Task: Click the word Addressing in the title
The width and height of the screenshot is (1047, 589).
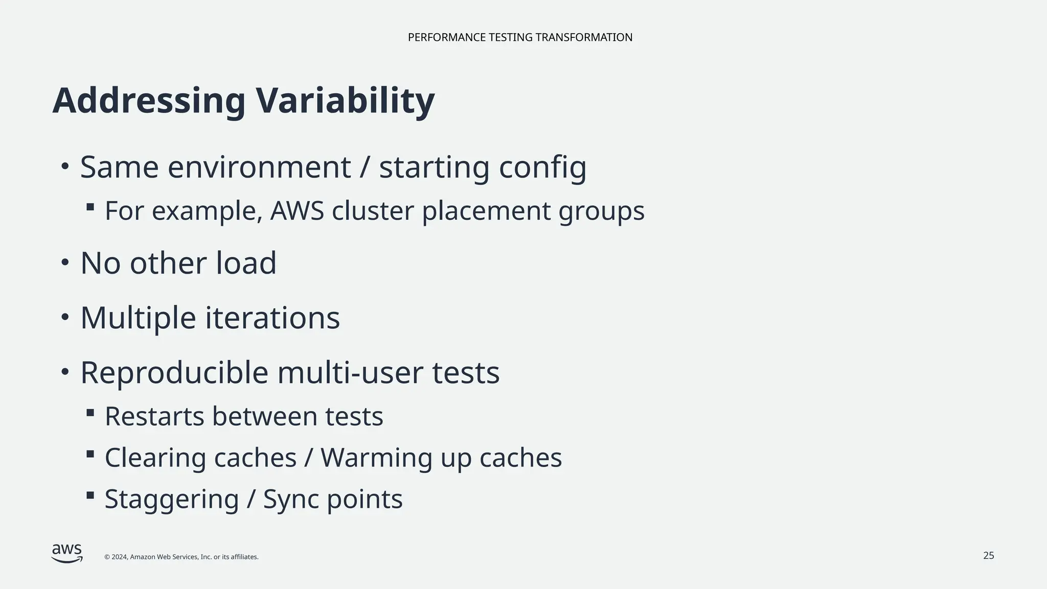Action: coord(149,101)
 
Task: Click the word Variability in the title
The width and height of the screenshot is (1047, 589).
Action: coord(345,101)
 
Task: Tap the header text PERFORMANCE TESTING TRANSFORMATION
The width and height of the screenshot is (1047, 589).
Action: coord(520,37)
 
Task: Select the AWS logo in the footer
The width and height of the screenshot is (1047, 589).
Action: coord(67,553)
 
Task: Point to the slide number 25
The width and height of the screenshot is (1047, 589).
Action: coord(989,556)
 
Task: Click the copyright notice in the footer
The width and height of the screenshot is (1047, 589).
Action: coord(181,557)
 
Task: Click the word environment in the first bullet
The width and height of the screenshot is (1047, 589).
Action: coord(259,167)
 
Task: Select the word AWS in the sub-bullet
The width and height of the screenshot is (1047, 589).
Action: coord(297,211)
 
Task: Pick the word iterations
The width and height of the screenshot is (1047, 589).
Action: coord(272,318)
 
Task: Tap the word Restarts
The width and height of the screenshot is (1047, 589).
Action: coord(154,416)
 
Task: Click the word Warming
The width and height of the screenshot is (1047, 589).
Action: coord(376,458)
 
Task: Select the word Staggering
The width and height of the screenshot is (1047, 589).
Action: coord(172,500)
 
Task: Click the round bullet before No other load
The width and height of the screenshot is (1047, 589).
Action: coord(64,262)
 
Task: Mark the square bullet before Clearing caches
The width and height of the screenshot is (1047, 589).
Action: coord(90,454)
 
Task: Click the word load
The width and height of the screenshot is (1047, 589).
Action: coord(246,263)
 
